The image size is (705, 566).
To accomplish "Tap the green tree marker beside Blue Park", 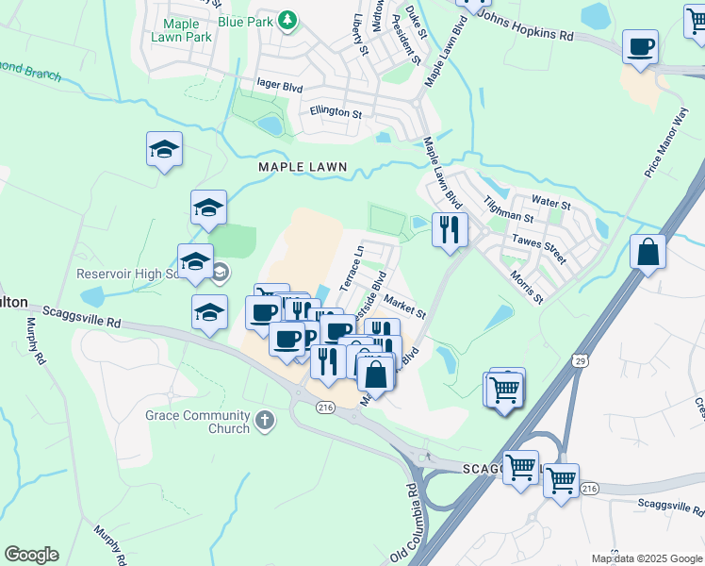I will [x=288, y=21].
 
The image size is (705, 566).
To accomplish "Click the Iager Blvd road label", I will [x=279, y=84].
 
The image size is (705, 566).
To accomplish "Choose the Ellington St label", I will [x=336, y=112].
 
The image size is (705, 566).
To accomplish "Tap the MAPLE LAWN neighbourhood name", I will [x=303, y=167].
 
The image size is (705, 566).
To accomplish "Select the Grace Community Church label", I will [x=198, y=422].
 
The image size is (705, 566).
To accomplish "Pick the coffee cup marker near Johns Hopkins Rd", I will [x=641, y=46].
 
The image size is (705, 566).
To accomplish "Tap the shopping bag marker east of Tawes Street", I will [x=648, y=252].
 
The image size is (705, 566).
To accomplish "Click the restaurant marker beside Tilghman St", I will [x=450, y=228].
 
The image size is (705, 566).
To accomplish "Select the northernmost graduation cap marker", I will [x=164, y=149].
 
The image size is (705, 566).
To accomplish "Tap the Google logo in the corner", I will [x=31, y=555].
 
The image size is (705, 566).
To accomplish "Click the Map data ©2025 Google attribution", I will [x=647, y=558].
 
